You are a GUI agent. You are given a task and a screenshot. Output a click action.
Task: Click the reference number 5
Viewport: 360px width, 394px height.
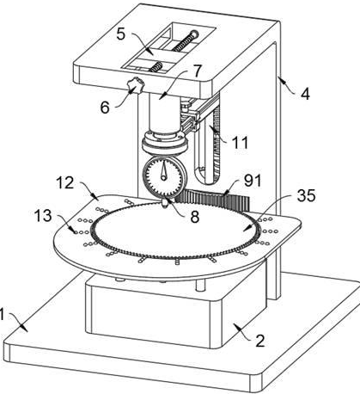point(121,34)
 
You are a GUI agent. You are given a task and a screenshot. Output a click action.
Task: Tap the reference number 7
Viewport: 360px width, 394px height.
point(198,71)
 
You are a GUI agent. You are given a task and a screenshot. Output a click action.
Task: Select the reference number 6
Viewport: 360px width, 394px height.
point(105,108)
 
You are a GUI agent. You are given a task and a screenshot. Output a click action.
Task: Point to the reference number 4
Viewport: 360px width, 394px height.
point(305,94)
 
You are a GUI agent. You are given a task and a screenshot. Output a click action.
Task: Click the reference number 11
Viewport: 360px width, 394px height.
point(241,143)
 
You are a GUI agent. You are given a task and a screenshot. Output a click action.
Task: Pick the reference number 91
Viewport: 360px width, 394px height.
point(253,181)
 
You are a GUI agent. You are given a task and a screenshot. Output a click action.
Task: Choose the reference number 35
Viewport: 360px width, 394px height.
point(306,195)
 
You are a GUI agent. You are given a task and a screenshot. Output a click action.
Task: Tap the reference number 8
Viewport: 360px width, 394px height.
point(195,218)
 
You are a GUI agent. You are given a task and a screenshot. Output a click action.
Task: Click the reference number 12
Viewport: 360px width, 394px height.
point(65,182)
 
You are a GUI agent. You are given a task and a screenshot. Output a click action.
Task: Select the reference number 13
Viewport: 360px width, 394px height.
point(43,215)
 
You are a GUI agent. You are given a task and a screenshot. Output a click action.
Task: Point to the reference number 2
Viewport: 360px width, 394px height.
point(259,341)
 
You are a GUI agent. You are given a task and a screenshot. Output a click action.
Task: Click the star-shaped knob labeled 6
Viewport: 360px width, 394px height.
point(136,85)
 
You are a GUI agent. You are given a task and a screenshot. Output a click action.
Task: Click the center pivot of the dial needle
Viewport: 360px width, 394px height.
point(163,178)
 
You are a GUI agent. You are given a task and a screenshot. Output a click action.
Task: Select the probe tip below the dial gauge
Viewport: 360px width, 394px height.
point(165,205)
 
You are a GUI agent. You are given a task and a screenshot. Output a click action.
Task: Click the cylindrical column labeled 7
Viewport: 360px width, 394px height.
point(164,114)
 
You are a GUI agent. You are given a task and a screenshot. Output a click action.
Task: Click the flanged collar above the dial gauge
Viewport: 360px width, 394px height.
point(165,142)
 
